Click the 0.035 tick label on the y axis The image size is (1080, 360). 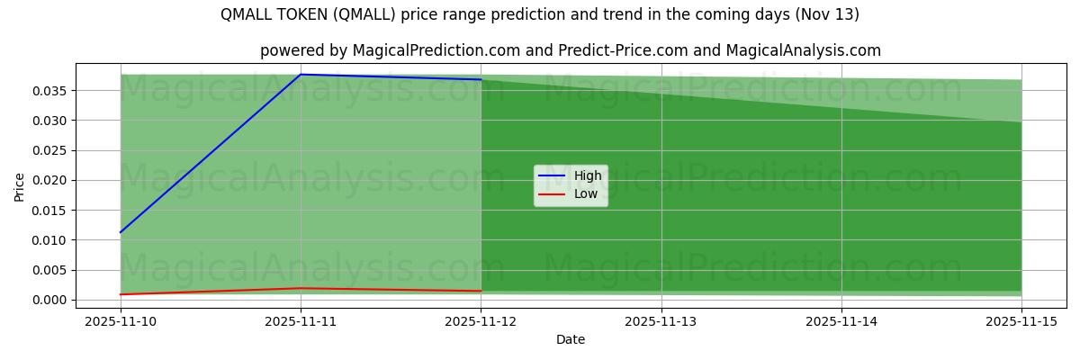pyautogui.click(x=49, y=91)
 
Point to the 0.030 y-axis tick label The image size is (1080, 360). pyautogui.click(x=49, y=121)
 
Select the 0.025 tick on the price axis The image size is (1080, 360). pyautogui.click(x=49, y=150)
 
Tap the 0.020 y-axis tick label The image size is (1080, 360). pyautogui.click(x=49, y=181)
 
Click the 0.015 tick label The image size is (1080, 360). pyautogui.click(x=49, y=211)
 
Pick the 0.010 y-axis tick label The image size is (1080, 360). pyautogui.click(x=49, y=240)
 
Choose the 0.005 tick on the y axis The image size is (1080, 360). pyautogui.click(x=49, y=270)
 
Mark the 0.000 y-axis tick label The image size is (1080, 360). pyautogui.click(x=49, y=301)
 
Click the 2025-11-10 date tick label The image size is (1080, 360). pyautogui.click(x=121, y=320)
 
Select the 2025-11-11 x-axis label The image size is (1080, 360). pyautogui.click(x=301, y=320)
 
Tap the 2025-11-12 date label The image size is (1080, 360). pyautogui.click(x=481, y=320)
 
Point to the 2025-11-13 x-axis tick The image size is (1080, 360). pyautogui.click(x=661, y=320)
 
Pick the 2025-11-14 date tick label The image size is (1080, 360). pyautogui.click(x=841, y=320)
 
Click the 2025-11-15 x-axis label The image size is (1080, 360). pyautogui.click(x=1021, y=320)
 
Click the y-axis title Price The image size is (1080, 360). pyautogui.click(x=20, y=186)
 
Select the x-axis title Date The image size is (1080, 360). pyautogui.click(x=571, y=339)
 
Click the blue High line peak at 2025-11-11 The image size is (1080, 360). pyautogui.click(x=301, y=75)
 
